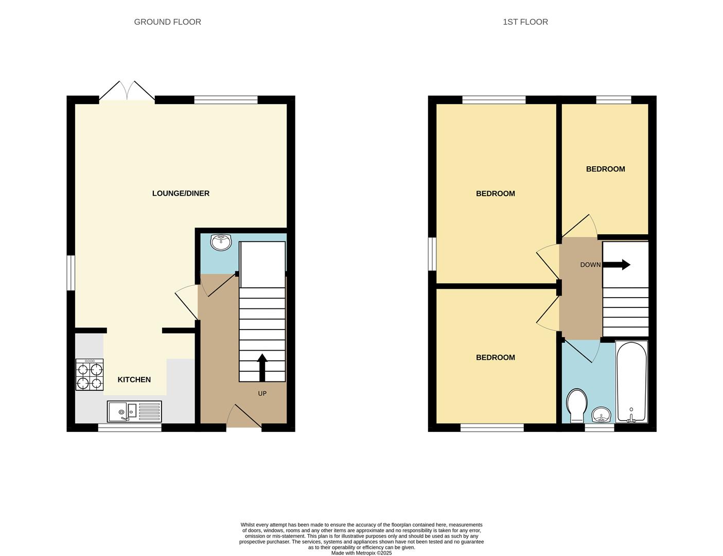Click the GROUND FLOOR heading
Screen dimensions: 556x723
click(x=167, y=22)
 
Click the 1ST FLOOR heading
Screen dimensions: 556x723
click(x=525, y=22)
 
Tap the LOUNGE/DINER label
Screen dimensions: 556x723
click(x=181, y=194)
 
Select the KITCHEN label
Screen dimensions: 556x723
click(x=134, y=380)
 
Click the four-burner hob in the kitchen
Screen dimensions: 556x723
click(x=90, y=375)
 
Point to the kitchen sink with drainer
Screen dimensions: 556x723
click(x=134, y=412)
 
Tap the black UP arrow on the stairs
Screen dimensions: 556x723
click(x=262, y=367)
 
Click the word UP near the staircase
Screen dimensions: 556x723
click(x=262, y=394)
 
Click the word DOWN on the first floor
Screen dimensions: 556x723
click(x=590, y=265)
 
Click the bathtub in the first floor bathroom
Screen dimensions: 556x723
click(x=631, y=381)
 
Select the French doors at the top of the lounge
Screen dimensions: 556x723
click(x=127, y=91)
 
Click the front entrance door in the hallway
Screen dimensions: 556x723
click(x=244, y=417)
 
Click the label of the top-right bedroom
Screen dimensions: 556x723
click(x=605, y=169)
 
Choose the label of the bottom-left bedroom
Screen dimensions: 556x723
click(x=495, y=358)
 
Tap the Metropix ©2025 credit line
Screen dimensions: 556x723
click(x=361, y=553)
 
